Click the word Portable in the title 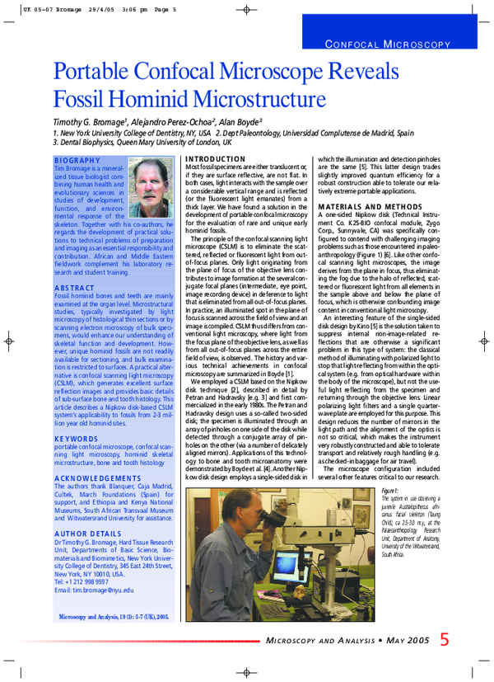[96, 73]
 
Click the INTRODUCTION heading [216, 158]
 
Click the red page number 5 [445, 640]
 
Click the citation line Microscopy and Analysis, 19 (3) [114, 616]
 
